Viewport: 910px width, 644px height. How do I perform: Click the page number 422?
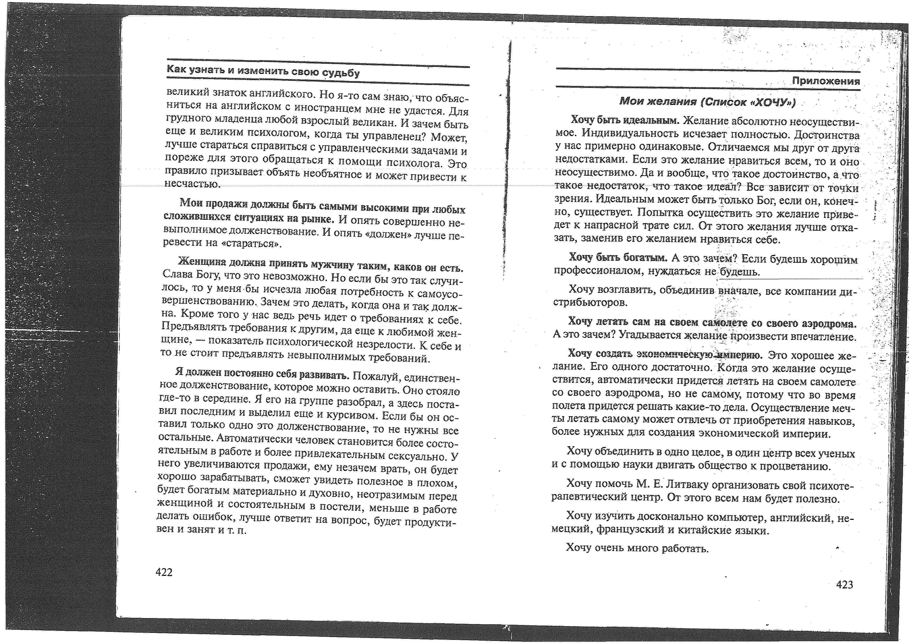(x=164, y=572)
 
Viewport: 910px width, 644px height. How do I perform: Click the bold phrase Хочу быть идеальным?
(x=625, y=120)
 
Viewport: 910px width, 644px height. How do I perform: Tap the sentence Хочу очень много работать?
(x=637, y=548)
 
